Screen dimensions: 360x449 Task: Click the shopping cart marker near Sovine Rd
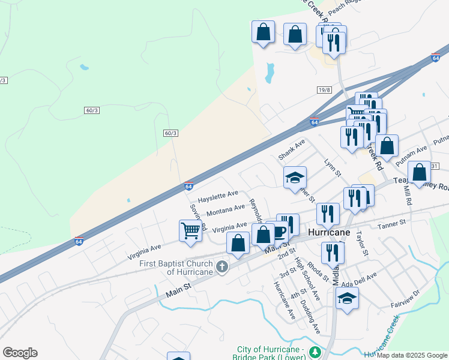point(190,230)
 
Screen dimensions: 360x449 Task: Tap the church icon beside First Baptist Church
point(222,266)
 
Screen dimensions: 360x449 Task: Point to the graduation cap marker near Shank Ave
point(295,178)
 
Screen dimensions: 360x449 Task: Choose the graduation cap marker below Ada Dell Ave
point(347,298)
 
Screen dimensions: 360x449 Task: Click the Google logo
point(20,352)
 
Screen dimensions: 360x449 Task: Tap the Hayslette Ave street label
point(218,196)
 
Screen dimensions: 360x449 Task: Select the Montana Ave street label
point(225,211)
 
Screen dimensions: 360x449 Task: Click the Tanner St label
point(392,223)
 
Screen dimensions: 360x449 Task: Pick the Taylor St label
point(360,244)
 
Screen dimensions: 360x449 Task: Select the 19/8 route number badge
point(324,90)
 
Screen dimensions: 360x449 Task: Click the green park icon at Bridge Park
point(313,355)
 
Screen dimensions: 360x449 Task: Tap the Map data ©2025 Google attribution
point(412,355)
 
